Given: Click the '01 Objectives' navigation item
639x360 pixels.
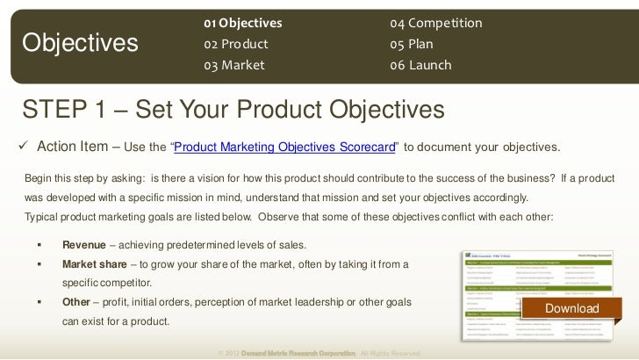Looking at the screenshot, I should coord(243,21).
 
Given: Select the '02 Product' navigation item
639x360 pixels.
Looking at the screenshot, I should coord(235,43).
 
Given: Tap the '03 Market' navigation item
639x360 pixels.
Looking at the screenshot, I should coord(233,65).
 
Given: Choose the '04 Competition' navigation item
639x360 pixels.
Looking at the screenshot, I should coord(436,21).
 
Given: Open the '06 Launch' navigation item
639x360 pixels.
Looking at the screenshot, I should coord(421,65).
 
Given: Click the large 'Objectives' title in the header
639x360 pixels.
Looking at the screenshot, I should coord(81,42).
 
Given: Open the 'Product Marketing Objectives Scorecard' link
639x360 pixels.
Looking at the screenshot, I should coord(285,145).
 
